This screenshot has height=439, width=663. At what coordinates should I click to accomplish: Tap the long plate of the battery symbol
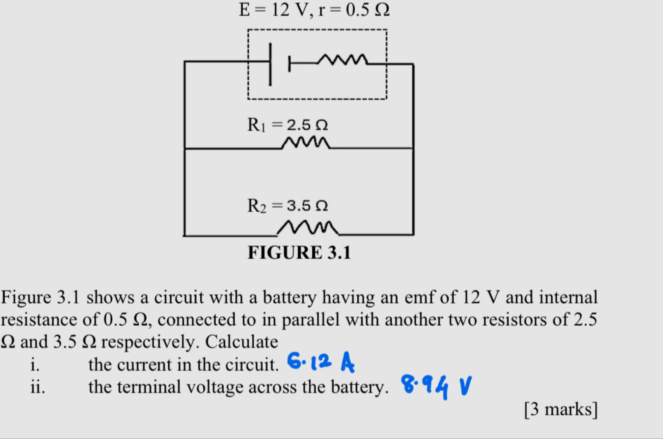[270, 64]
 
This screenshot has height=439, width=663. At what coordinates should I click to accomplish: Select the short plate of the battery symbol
[289, 64]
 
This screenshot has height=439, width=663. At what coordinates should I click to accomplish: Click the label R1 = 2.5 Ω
[288, 125]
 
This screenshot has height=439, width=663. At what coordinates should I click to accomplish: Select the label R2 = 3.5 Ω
[288, 206]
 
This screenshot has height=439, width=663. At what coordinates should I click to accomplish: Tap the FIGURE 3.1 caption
[299, 253]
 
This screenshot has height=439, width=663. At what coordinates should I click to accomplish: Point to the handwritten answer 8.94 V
[436, 386]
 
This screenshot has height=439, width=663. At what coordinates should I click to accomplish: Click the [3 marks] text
[561, 409]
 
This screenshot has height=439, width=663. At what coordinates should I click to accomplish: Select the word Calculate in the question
[242, 342]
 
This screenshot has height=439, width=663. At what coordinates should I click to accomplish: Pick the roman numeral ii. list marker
[38, 387]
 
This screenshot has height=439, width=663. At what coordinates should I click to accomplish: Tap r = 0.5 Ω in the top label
[354, 10]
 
